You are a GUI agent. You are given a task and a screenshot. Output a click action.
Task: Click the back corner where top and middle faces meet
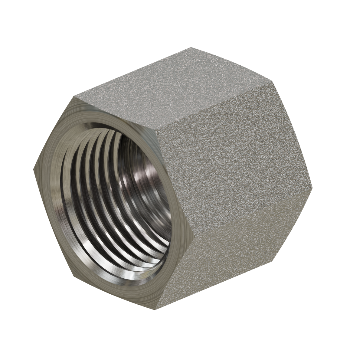pos(274,81)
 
